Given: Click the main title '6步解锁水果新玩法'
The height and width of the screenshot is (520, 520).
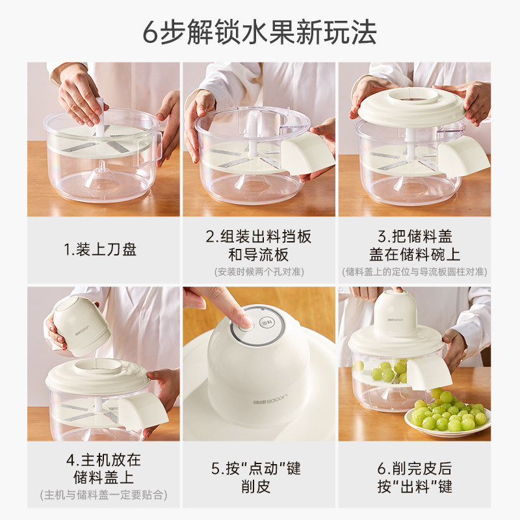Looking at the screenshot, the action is (259, 32).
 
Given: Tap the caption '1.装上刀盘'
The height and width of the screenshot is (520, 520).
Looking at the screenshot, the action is (100, 250).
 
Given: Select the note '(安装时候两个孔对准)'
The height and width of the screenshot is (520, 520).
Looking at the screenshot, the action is (259, 272).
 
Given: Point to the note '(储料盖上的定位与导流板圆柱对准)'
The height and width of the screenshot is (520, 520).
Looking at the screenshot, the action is (415, 272).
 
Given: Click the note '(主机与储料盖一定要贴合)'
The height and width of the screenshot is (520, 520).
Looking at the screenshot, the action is (103, 495).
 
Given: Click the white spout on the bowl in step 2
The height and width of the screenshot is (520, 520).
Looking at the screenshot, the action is (307, 153).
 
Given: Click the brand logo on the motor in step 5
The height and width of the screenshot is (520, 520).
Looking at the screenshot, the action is (270, 400).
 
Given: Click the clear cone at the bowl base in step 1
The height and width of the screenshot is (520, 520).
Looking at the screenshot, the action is (102, 175).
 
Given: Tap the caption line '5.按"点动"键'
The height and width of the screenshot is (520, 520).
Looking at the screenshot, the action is (256, 469).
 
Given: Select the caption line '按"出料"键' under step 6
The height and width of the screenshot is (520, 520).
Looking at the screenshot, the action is (415, 486).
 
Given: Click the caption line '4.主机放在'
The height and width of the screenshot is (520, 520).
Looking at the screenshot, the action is (103, 460).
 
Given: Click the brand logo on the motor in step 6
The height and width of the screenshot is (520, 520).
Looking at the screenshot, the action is (395, 320).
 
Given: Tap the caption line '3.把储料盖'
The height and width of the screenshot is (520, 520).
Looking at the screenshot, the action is (415, 237).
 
